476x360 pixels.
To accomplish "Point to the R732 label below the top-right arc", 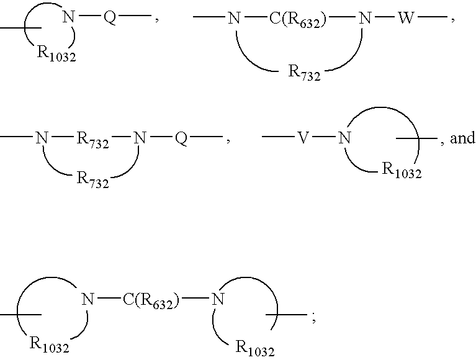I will [x=304, y=73].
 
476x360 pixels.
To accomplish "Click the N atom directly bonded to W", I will [x=366, y=19].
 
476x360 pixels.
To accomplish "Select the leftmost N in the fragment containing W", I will [x=233, y=19].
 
